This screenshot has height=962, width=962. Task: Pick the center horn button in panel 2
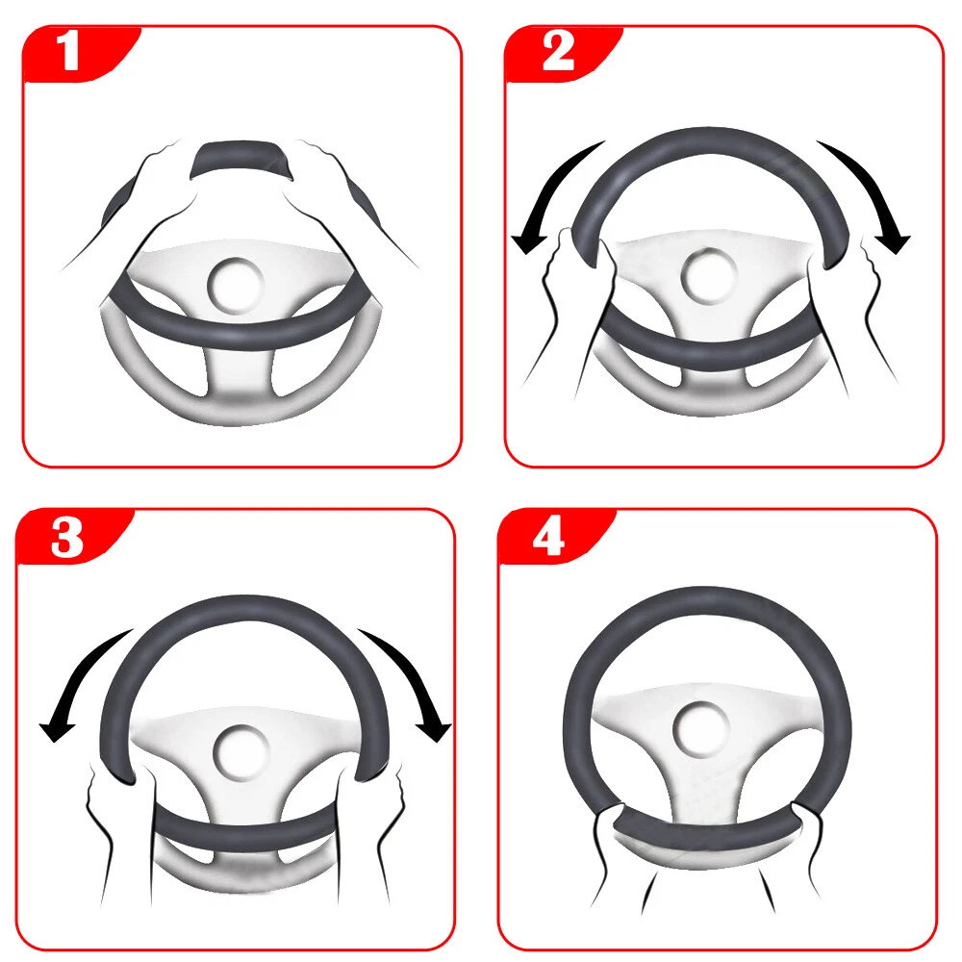click(709, 276)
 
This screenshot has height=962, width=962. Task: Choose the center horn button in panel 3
click(240, 752)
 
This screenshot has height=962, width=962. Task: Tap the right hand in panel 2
click(849, 307)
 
